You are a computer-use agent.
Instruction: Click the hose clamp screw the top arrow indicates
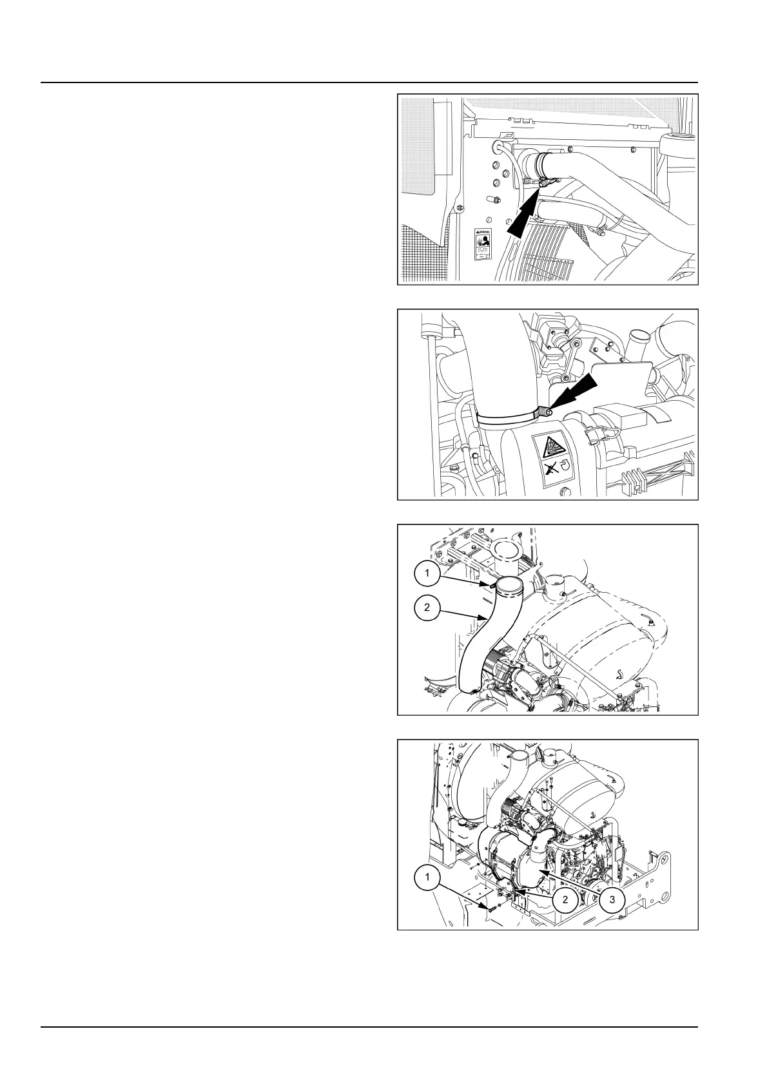[x=547, y=184]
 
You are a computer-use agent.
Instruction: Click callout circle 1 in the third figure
[x=427, y=572]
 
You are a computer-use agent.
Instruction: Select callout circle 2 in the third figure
[x=427, y=608]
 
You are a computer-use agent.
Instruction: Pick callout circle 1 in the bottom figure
[x=427, y=878]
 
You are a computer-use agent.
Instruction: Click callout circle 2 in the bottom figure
[x=565, y=899]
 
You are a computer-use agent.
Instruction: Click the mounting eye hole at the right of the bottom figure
[x=659, y=857]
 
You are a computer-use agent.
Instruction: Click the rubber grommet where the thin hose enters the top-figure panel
[x=498, y=146]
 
